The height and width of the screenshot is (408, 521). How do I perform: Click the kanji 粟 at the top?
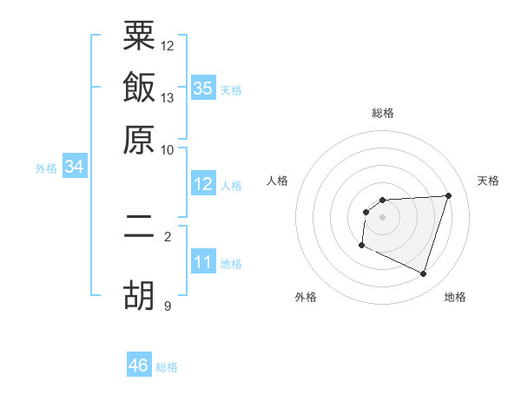pyautogui.click(x=139, y=38)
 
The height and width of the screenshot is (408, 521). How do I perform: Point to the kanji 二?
pyautogui.click(x=139, y=235)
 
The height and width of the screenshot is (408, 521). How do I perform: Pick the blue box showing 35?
pyautogui.click(x=203, y=89)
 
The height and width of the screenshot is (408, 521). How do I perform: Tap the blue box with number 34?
pyautogui.click(x=74, y=168)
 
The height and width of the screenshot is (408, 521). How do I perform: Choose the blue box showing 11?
pyautogui.click(x=203, y=263)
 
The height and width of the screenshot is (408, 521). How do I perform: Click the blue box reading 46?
pyautogui.click(x=139, y=365)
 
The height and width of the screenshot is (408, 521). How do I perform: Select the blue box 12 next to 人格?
pyautogui.click(x=203, y=184)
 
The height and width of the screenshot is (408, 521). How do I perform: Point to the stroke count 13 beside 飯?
pyautogui.click(x=168, y=97)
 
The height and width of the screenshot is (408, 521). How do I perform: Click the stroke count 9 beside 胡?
pyautogui.click(x=168, y=305)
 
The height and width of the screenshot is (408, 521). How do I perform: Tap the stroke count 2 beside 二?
pyautogui.click(x=168, y=236)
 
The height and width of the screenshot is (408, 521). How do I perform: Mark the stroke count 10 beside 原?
pyautogui.click(x=168, y=148)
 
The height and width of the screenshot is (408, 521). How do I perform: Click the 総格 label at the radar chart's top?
pyautogui.click(x=383, y=113)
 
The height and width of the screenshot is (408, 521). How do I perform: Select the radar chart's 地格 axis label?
pyautogui.click(x=455, y=297)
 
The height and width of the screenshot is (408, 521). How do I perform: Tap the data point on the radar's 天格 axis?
pyautogui.click(x=448, y=195)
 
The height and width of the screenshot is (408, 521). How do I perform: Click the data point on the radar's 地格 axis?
pyautogui.click(x=423, y=274)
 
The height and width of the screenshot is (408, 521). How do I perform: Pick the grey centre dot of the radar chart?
pyautogui.click(x=383, y=217)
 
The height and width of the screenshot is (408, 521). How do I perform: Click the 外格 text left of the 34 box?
pyautogui.click(x=45, y=168)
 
